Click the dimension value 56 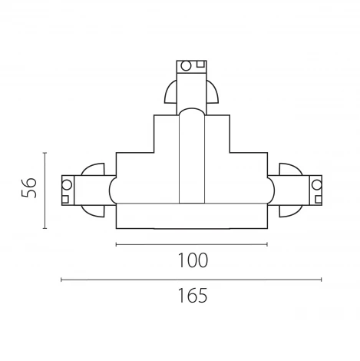(x=28, y=187)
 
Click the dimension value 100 (x=193, y=260)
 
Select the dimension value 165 (x=193, y=296)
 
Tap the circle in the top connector (x=186, y=66)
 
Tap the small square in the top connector (x=200, y=64)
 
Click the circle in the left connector (x=67, y=185)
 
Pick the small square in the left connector (x=65, y=199)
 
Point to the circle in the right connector (x=317, y=184)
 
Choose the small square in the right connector (x=319, y=199)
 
